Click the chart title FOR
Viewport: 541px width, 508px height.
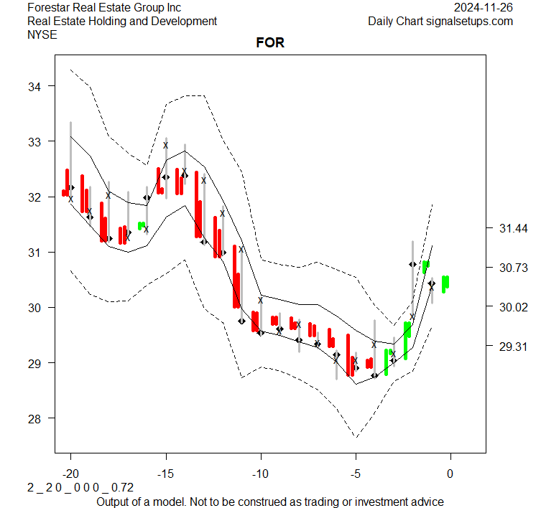[x=270, y=43]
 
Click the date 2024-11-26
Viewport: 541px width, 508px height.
[x=484, y=7]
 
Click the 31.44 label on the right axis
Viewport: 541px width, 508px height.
[x=513, y=228]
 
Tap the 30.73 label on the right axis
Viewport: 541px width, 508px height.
[x=513, y=268]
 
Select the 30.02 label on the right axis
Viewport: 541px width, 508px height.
[x=513, y=307]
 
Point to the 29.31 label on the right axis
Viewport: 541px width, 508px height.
[x=513, y=347]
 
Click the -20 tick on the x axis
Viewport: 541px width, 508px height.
[x=70, y=474]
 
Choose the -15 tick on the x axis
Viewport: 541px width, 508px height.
[x=165, y=474]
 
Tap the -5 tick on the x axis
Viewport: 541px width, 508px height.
[x=356, y=474]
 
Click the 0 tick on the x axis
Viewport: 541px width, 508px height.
[x=450, y=474]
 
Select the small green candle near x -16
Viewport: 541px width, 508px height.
[x=142, y=226]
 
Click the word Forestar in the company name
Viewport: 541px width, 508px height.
[x=50, y=7]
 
